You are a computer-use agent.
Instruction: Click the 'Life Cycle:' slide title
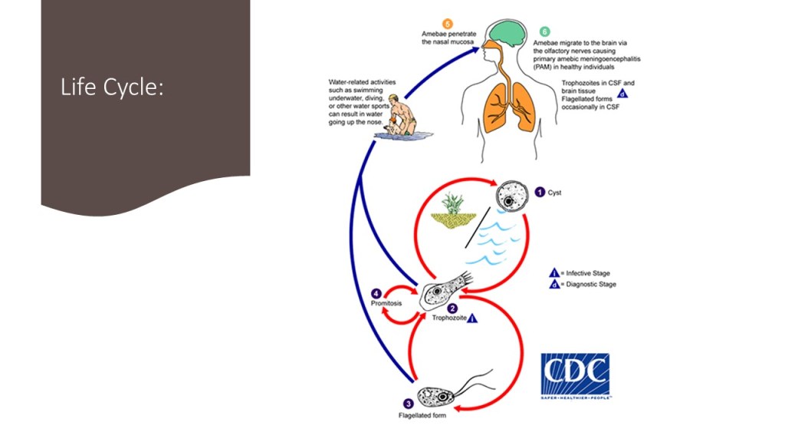coord(112,88)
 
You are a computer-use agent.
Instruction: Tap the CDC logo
coord(575,375)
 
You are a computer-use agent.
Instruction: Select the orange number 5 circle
coord(448,23)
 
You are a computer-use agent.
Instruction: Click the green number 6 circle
coord(544,31)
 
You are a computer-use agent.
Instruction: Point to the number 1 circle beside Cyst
coord(540,193)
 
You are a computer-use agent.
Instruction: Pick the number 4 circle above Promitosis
coord(376,293)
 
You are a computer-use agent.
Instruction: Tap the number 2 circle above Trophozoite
coord(452,308)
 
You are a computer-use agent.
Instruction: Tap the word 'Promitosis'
coord(384,303)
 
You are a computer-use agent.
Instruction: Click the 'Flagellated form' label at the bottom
coord(422,416)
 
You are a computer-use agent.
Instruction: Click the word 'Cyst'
coord(554,193)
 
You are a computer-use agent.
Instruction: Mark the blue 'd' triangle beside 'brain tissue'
coord(622,94)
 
